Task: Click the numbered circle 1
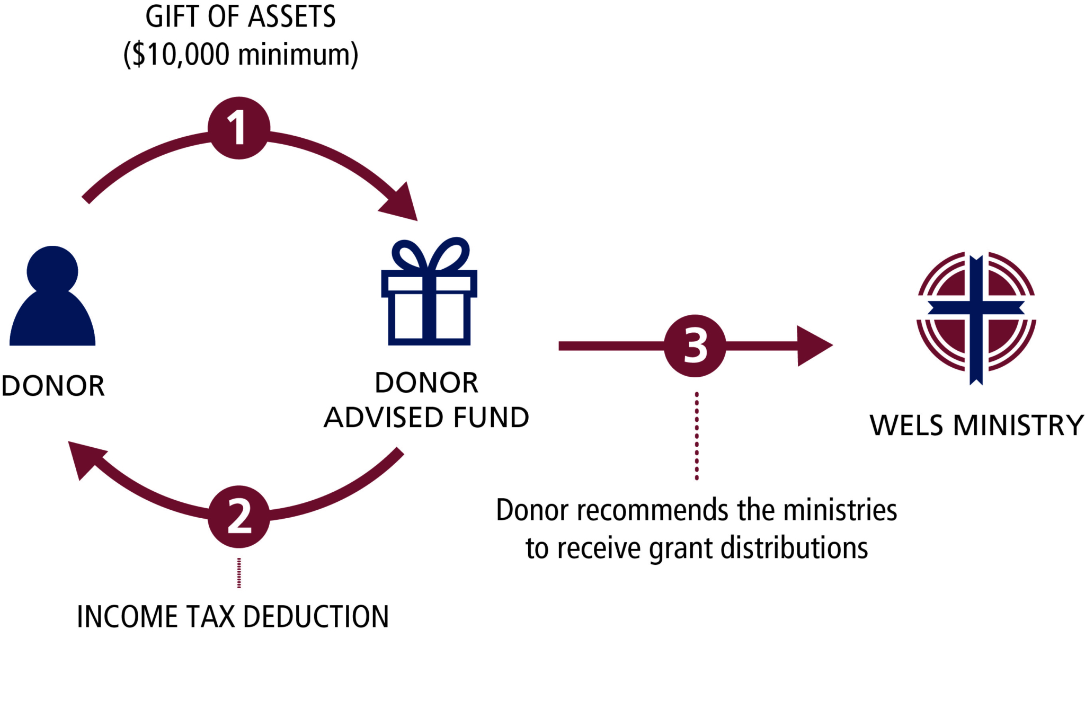238,128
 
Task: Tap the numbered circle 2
238,517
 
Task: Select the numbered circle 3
695,346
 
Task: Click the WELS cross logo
976,318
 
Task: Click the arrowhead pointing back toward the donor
85,458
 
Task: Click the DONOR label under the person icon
53,386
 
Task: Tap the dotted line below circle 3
696,436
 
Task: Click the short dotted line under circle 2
239,573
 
